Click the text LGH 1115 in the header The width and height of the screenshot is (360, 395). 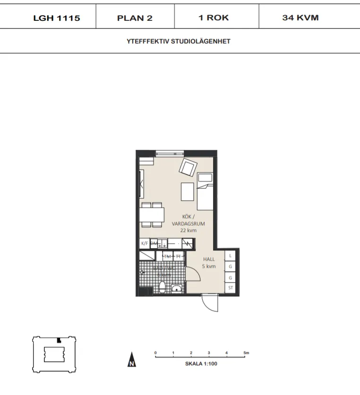(56, 18)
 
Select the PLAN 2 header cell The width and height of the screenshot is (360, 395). (135, 18)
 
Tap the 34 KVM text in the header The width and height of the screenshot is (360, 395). (300, 17)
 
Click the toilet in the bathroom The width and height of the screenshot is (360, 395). (162, 287)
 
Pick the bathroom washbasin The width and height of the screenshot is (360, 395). (177, 289)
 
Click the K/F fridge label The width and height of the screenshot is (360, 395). (144, 243)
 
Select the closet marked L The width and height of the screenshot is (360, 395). (230, 256)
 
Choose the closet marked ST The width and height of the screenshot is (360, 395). (231, 288)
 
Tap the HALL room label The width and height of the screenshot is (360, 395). (208, 259)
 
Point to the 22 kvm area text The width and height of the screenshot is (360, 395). (188, 231)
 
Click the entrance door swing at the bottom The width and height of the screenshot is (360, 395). (210, 302)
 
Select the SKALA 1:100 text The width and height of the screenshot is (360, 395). (201, 364)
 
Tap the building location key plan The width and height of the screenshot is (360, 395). (53, 353)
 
